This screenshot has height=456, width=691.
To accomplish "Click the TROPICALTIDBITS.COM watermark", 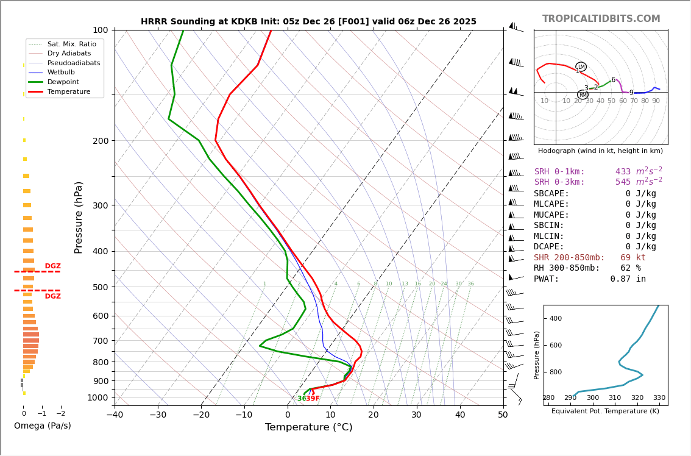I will (x=601, y=19).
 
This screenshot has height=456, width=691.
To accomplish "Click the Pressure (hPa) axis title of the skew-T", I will (x=79, y=217).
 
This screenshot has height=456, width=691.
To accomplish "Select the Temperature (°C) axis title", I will (x=308, y=427).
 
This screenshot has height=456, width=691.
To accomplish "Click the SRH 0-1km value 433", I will (x=623, y=172).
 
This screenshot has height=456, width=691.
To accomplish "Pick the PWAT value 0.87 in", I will (x=628, y=279).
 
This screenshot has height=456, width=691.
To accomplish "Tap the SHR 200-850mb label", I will (x=569, y=257).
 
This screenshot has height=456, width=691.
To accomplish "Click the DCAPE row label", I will (x=549, y=247).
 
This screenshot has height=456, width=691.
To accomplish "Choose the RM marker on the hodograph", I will (x=583, y=94).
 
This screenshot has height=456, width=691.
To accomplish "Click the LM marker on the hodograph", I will (x=581, y=66).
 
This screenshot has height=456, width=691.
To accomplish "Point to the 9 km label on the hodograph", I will (x=631, y=93).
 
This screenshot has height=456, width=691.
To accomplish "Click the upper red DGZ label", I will (x=52, y=266).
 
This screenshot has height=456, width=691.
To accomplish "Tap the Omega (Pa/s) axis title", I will (x=42, y=426).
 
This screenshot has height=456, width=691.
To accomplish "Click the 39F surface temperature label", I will (x=313, y=399).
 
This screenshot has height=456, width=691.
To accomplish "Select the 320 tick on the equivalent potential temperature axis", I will (x=637, y=398).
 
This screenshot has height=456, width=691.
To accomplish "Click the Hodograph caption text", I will (x=600, y=151).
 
